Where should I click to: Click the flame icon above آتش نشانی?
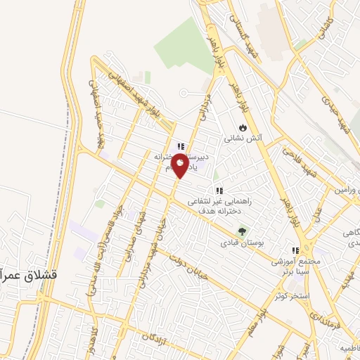[x=243, y=128]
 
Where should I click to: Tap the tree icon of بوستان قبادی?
[x=243, y=231]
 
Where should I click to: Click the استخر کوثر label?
[x=294, y=297]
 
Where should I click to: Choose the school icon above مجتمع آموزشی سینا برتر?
[x=295, y=250]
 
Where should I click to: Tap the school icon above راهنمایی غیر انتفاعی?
[x=219, y=190]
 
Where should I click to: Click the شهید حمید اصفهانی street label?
[x=98, y=105]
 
